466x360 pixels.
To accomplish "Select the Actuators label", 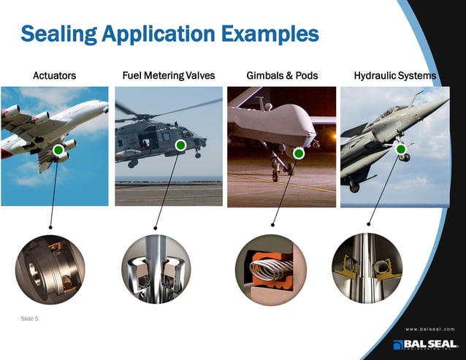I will (55, 75).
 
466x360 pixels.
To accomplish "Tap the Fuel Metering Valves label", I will (169, 75).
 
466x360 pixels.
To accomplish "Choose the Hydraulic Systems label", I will (394, 75).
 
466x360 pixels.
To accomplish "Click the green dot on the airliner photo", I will (58, 150).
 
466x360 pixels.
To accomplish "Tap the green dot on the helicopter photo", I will (180, 146).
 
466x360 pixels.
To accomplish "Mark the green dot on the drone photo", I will (298, 153).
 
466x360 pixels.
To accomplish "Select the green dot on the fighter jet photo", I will (401, 150).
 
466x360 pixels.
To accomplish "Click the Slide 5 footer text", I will (30, 318).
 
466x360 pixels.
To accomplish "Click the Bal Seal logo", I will (424, 345).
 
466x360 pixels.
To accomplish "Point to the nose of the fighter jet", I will (445, 102).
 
